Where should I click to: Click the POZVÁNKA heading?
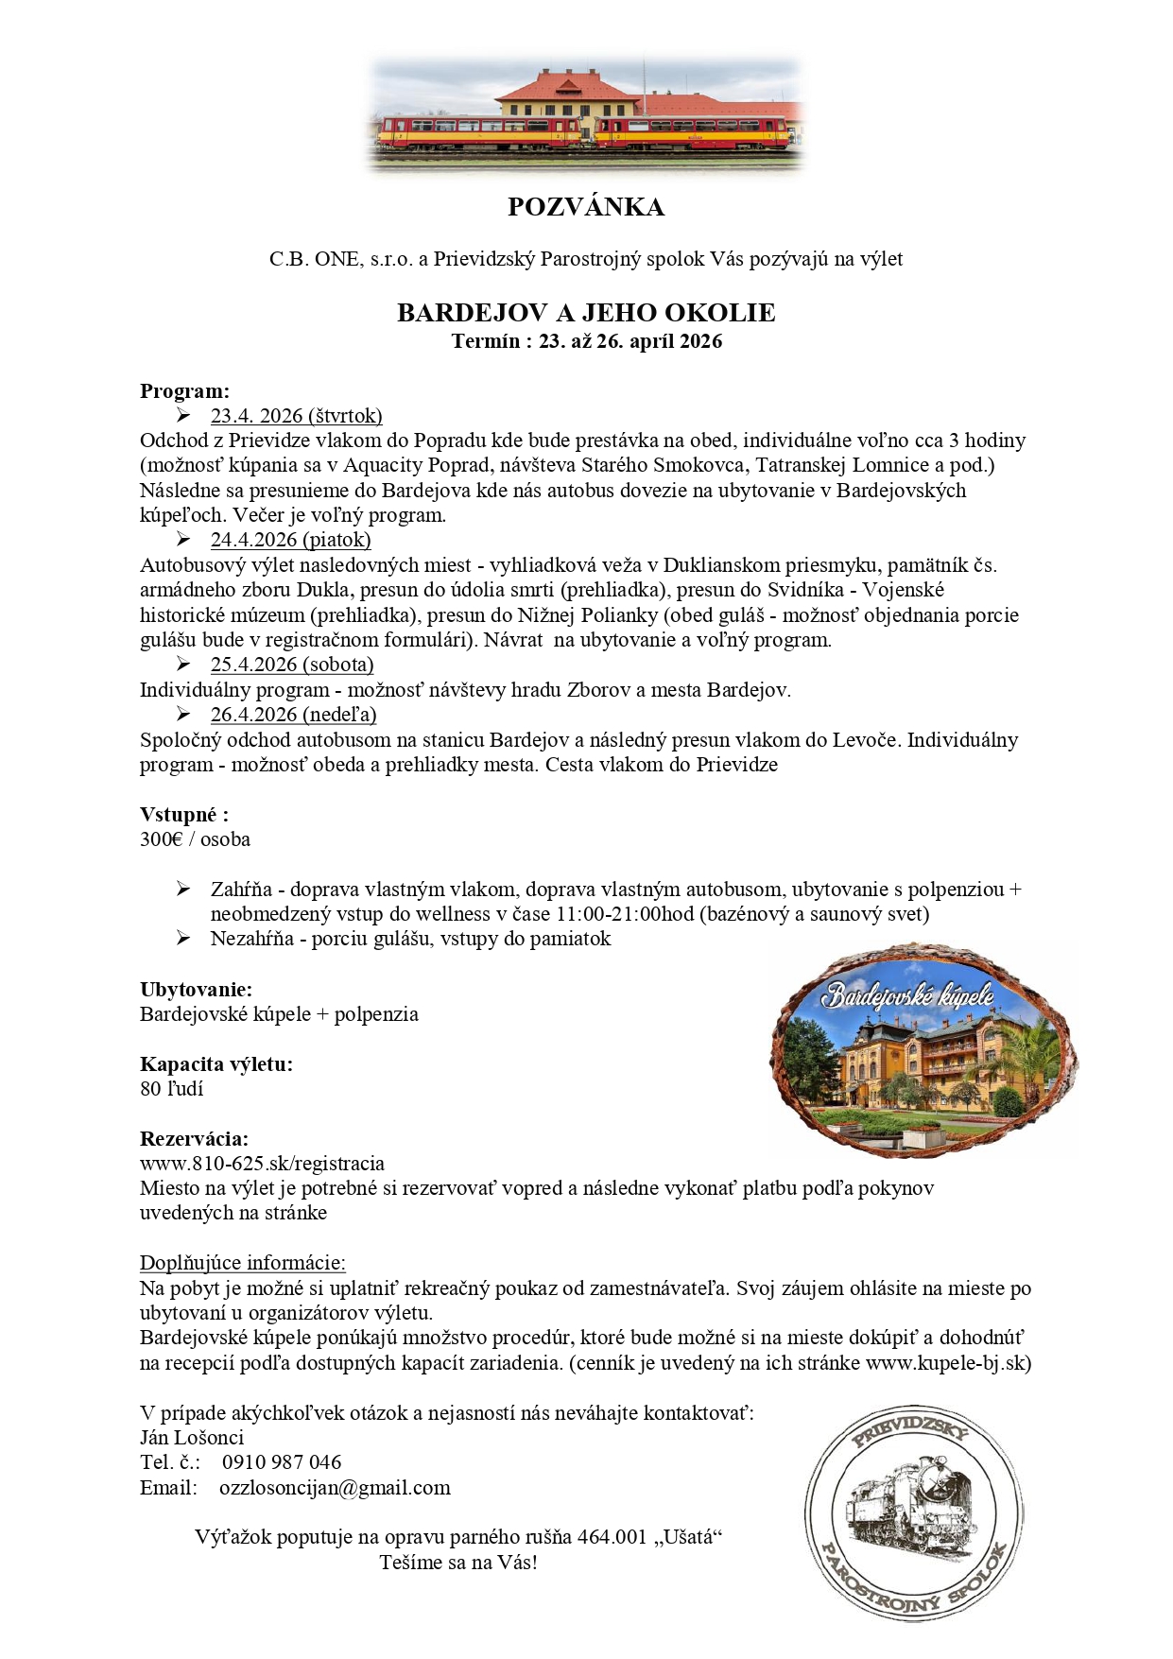[x=586, y=207]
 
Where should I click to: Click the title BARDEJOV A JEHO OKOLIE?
[x=586, y=313]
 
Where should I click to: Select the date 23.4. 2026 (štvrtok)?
[x=296, y=416]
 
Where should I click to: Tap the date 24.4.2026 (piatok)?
[x=290, y=540]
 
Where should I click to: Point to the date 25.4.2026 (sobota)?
[x=292, y=665]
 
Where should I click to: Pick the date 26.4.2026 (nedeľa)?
[x=293, y=715]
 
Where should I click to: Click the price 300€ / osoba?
[x=195, y=839]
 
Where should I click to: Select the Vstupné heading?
[x=184, y=815]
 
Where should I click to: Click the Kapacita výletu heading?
[x=216, y=1064]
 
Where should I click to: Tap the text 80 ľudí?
[x=171, y=1089]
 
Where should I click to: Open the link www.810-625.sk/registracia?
[x=262, y=1164]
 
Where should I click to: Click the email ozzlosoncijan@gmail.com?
[x=335, y=1488]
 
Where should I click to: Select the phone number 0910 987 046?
[x=282, y=1462]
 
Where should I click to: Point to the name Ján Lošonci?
[x=192, y=1438]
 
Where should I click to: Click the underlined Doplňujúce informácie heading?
[x=243, y=1263]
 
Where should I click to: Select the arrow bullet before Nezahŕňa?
[x=183, y=939]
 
